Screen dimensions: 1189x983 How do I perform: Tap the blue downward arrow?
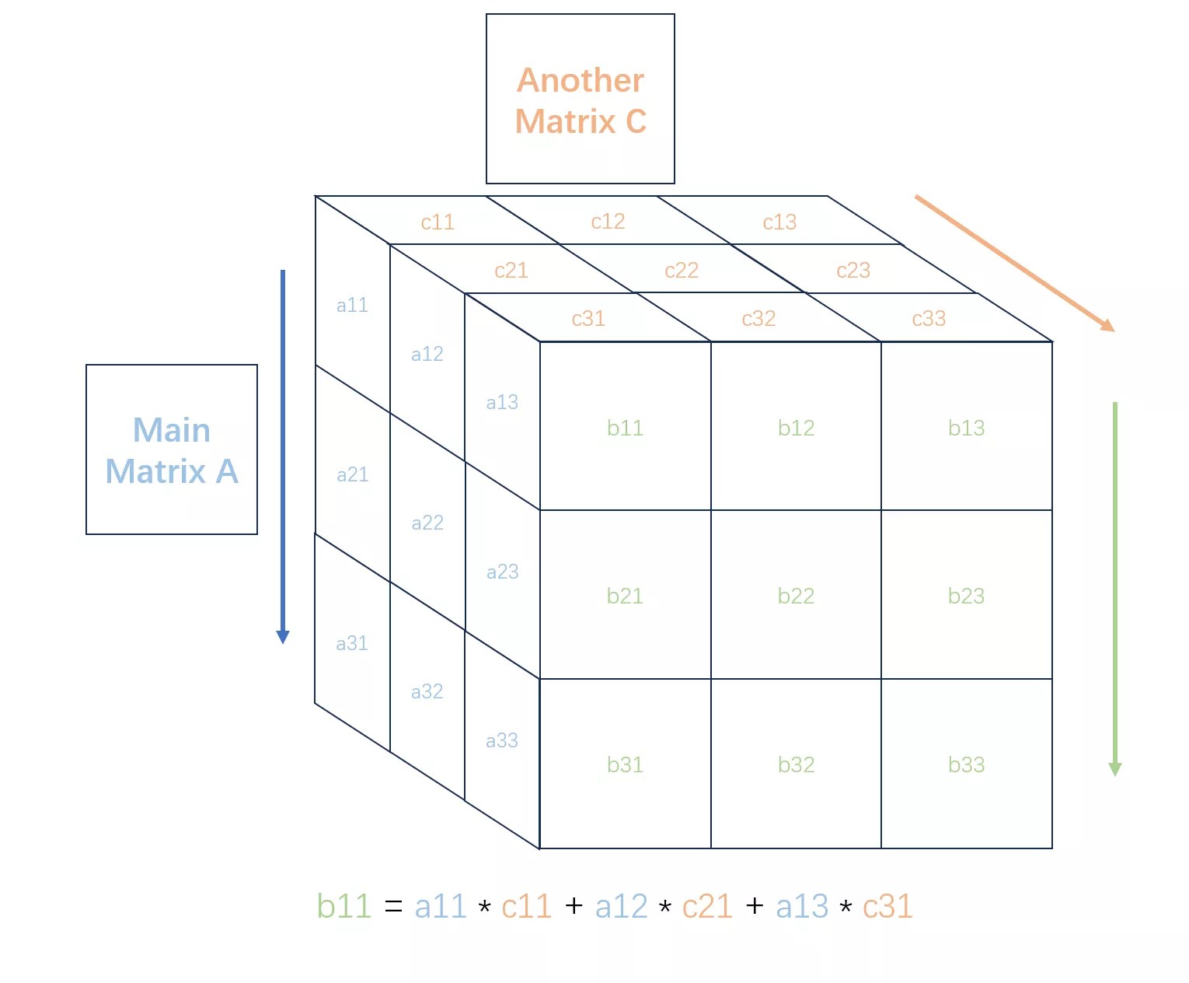coord(282,457)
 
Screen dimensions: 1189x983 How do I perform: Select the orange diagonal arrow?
coord(1014,263)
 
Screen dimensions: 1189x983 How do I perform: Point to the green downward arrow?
coord(1114,589)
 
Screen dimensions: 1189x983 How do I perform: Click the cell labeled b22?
coord(796,594)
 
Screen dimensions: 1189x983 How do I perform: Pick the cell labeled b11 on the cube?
coord(625,425)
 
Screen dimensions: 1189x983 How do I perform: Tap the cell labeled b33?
coord(966,763)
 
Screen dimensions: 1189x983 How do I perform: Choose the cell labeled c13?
coord(779,221)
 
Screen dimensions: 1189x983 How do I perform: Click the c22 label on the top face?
coord(681,270)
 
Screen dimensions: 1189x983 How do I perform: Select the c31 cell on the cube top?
coord(588,317)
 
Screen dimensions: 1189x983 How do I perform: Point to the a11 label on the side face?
coord(352,305)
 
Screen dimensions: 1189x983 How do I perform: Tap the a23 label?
coord(502,571)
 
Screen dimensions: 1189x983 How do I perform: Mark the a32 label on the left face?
coord(427,691)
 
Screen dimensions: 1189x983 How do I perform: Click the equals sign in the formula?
coord(393,905)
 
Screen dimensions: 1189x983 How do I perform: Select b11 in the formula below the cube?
coord(343,905)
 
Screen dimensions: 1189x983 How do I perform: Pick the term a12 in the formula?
coord(621,905)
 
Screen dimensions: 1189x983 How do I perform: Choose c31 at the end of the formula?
coord(887,905)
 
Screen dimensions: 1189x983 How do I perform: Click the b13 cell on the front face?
coord(966,425)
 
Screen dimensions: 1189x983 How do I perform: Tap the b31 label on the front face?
coord(625,764)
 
